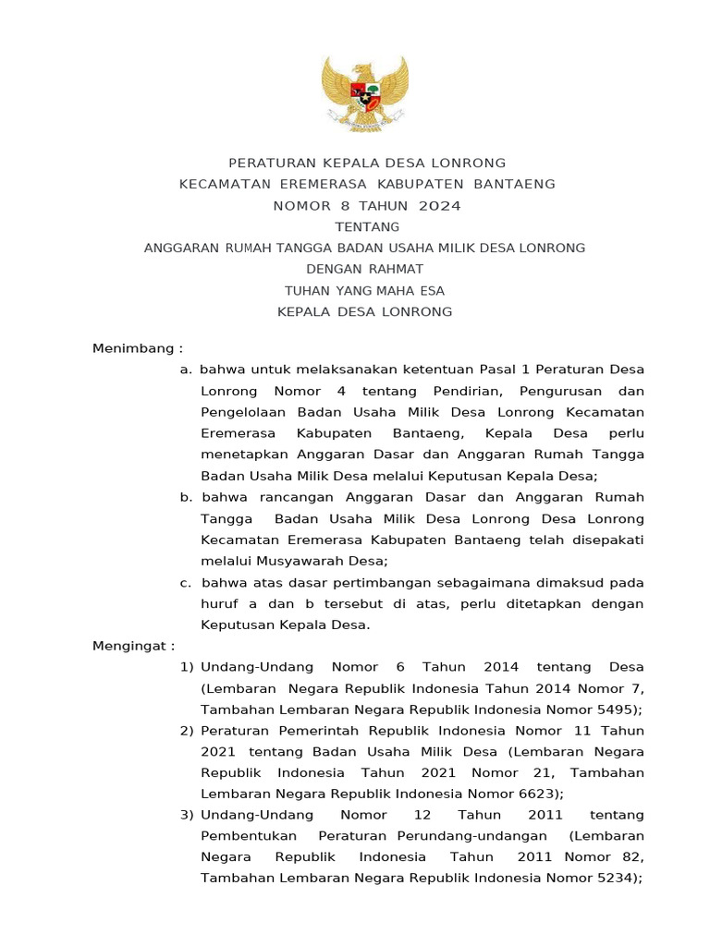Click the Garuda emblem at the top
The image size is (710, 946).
click(364, 94)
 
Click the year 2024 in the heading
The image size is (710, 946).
click(437, 205)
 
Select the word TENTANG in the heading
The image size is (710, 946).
click(367, 226)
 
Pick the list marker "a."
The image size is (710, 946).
click(186, 370)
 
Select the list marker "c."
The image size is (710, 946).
click(186, 582)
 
